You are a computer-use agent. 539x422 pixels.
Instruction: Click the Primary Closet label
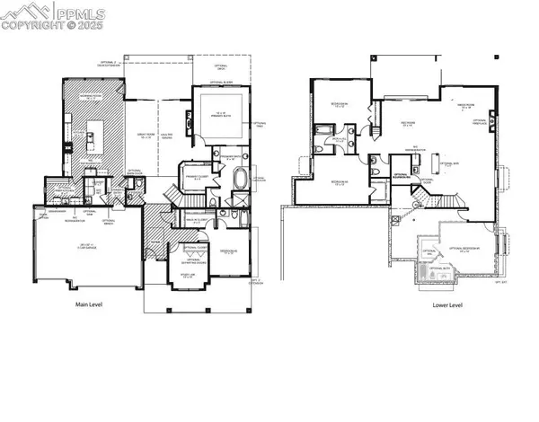coord(193,175)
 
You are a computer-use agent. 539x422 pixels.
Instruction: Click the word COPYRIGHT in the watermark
coord(34,25)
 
